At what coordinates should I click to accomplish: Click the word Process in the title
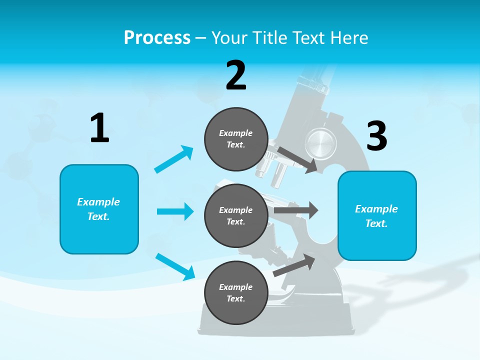click(157, 38)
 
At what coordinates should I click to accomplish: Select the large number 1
click(99, 128)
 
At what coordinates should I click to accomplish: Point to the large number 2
click(236, 75)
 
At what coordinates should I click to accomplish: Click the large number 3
click(377, 136)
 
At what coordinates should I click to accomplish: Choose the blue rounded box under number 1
click(99, 209)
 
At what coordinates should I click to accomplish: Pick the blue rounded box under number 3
click(377, 215)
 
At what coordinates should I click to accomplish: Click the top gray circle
click(236, 139)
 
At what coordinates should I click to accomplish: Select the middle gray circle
click(236, 215)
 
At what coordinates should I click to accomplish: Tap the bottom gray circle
click(236, 292)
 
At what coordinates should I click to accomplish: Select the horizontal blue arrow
click(175, 211)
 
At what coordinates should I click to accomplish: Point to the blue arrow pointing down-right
click(175, 266)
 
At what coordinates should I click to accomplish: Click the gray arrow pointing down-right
click(297, 160)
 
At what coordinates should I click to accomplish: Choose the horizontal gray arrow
click(296, 210)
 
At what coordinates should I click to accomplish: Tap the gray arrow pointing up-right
click(294, 265)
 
